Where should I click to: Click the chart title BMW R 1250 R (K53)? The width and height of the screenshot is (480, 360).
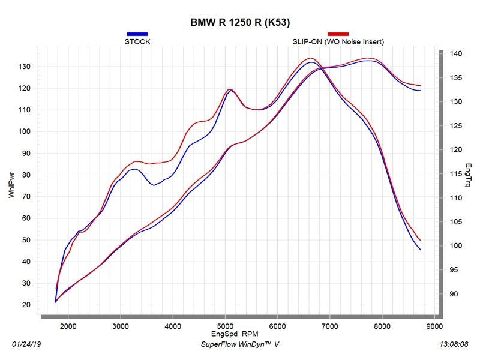(x=240, y=23)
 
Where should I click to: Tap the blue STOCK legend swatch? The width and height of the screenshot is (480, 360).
(x=137, y=34)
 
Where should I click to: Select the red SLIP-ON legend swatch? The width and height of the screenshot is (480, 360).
(x=338, y=34)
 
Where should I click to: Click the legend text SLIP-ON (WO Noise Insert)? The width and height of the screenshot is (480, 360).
(x=338, y=42)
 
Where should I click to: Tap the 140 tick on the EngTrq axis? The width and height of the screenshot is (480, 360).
(x=457, y=54)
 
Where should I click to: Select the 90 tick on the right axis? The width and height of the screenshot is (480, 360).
(x=455, y=294)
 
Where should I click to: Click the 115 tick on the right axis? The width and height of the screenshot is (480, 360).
(x=457, y=174)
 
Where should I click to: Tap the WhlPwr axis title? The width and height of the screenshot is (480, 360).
(x=11, y=186)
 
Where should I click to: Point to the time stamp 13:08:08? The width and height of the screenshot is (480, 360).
(x=454, y=345)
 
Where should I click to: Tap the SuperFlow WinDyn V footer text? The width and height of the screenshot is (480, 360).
(x=240, y=345)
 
